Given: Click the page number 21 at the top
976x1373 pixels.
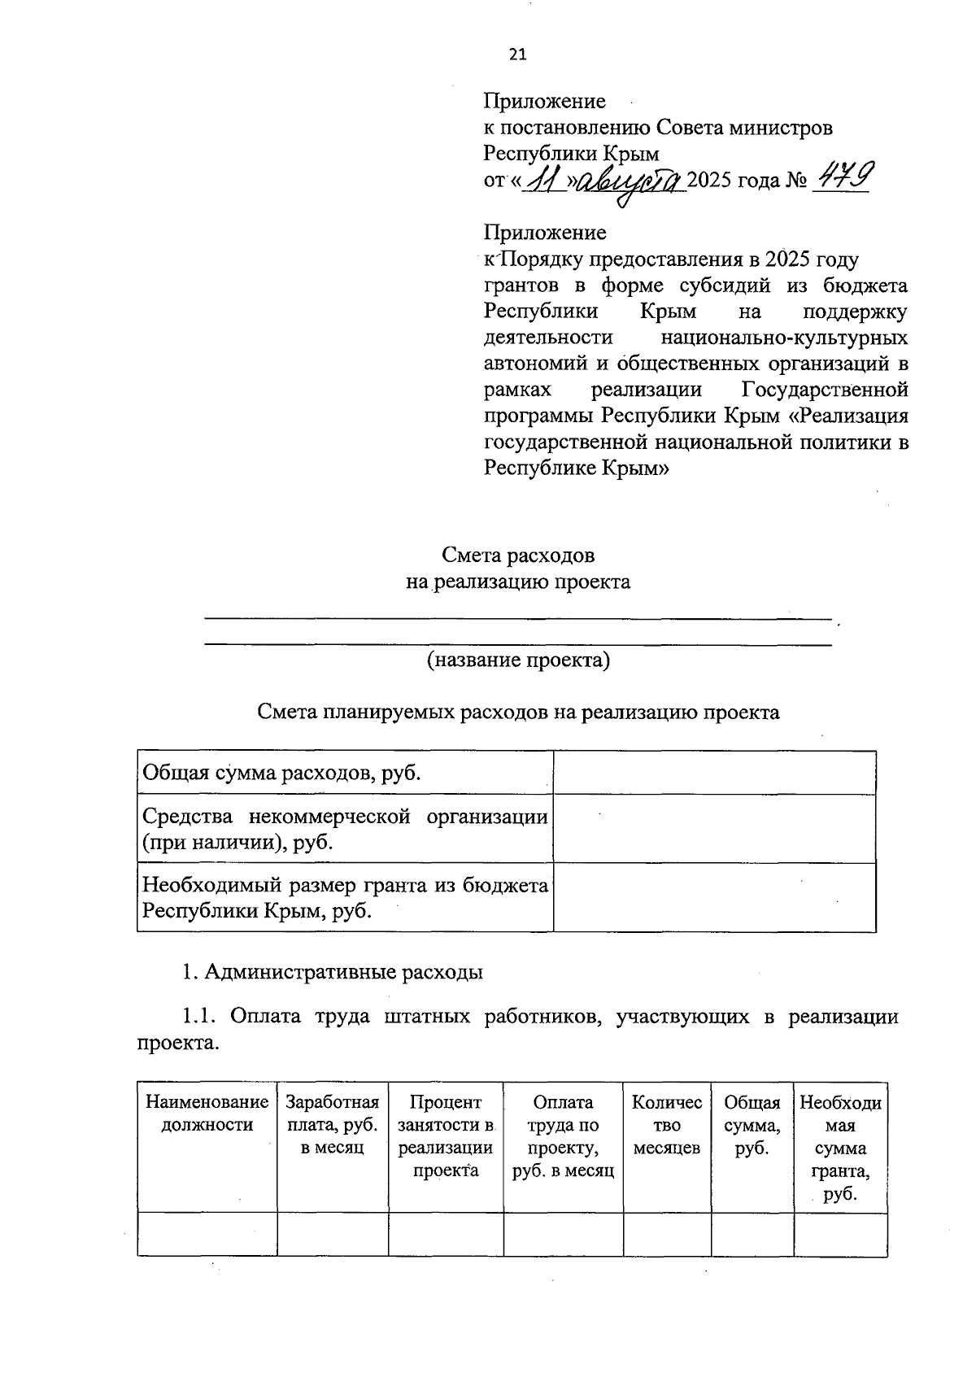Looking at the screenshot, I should [x=517, y=54].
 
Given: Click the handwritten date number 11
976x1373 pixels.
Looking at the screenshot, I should [x=542, y=180].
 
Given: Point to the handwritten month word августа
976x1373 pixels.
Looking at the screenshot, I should [x=633, y=181].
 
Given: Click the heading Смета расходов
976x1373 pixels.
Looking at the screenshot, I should [x=518, y=556].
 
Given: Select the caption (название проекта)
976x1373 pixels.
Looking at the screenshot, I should [x=518, y=660].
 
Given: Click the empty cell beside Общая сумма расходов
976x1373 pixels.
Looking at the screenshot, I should [x=714, y=773].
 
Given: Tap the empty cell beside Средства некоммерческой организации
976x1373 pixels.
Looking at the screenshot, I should [x=714, y=828].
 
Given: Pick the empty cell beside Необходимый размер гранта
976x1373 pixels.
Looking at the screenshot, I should [x=714, y=897].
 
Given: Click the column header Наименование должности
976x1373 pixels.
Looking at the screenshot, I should [x=207, y=1114].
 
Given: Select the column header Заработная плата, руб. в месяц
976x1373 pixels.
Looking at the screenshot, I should [x=332, y=1125].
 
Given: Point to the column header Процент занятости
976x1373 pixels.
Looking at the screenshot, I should [x=445, y=1136].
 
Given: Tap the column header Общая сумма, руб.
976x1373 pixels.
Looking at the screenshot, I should [x=752, y=1125].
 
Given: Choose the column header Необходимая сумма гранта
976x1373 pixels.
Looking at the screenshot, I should [x=840, y=1148].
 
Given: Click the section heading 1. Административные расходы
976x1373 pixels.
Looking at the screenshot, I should [x=333, y=972].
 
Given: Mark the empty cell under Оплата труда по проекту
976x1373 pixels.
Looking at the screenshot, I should [x=563, y=1234].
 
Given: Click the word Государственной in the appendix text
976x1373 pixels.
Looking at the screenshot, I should [x=825, y=390].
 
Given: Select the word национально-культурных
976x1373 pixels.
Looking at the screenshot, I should [x=784, y=338].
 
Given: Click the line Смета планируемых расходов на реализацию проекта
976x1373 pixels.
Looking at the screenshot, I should [x=518, y=713].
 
